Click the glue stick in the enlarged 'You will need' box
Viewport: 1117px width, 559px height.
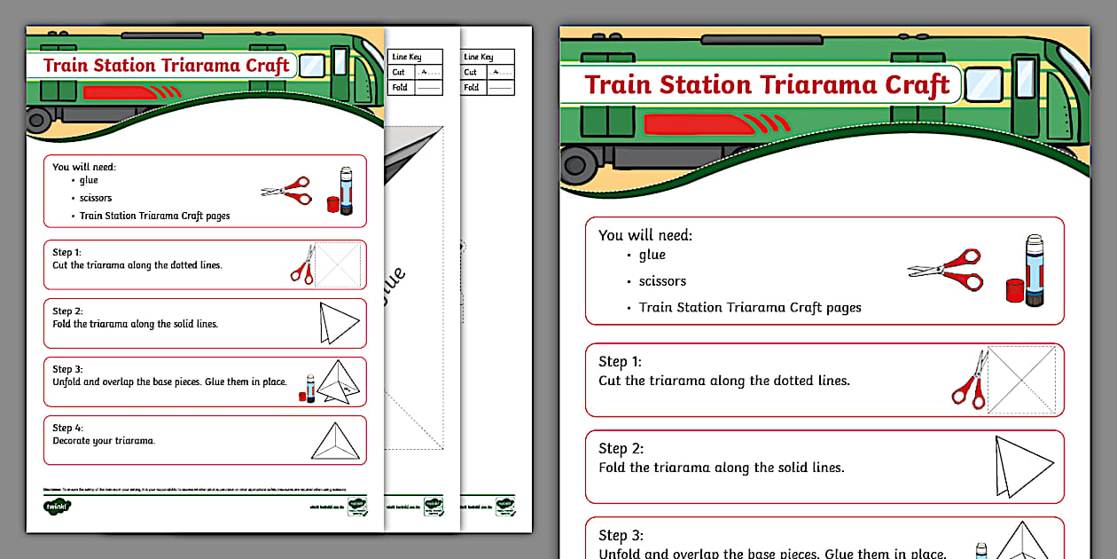coord(1032,272)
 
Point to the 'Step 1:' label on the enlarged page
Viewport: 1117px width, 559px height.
coord(620,361)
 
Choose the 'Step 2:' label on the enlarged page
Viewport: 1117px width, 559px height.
coord(620,448)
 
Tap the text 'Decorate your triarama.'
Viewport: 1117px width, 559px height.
coord(104,441)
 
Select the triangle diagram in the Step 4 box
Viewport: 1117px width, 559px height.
coord(337,441)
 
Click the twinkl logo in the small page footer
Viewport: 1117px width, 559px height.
coord(57,507)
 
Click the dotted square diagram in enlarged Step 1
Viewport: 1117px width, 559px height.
coord(1021,380)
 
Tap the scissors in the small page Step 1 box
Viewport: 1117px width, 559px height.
coord(303,264)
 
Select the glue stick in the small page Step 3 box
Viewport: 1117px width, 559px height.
coord(309,388)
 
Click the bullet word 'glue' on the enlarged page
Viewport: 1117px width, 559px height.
coord(652,255)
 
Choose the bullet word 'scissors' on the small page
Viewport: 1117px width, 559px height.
coord(96,198)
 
